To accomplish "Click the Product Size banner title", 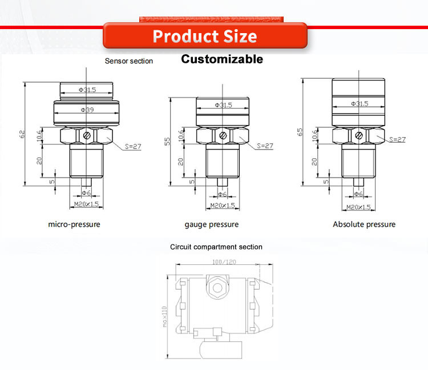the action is pos(205,37).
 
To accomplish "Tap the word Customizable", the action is pos(222,59).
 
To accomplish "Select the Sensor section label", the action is pos(129,61).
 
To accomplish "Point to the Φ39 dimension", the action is pos(87,110).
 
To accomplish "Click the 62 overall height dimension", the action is pos(22,134).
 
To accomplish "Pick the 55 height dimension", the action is pos(167,141).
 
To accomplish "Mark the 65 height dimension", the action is pos(300,132).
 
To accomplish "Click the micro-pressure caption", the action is pos(74,224).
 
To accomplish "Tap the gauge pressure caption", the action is pos(212,225).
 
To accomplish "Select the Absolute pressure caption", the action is pos(364,224).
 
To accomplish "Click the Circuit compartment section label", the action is pos(216,247).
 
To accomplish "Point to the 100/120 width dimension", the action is pos(224,262).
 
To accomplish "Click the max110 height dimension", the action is pos(164,316).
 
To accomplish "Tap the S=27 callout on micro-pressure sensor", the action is pos(133,146).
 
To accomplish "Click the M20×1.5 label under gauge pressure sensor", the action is pos(223,206).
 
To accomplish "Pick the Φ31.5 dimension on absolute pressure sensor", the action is pos(360,104).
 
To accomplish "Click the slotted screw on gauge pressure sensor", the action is pos(223,135).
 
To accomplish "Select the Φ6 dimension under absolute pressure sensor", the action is pos(358,194).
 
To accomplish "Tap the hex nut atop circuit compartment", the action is pos(217,287).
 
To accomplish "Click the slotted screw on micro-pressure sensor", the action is pos(87,135).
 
